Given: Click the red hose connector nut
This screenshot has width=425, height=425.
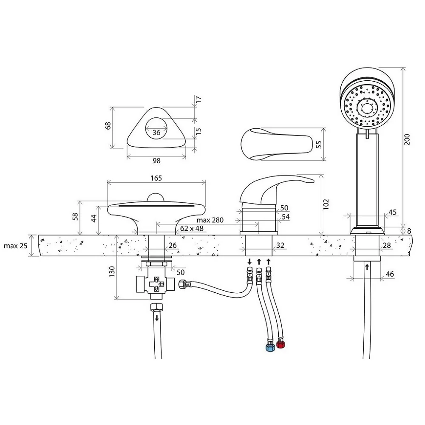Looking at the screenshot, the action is pos(281,345).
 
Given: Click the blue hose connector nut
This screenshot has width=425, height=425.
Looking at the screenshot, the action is pos(270,348).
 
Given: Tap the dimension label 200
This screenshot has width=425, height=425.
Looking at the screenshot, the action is pos(407,139).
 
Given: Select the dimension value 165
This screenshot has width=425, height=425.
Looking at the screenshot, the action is pos(156,178).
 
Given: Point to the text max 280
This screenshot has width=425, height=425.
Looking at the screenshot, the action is pos(210,220).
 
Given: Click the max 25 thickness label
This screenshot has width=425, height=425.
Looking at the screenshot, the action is pos(15,246).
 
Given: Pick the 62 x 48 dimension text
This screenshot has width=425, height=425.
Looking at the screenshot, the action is pos(192,229).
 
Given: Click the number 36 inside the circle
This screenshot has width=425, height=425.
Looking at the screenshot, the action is pos(156,133).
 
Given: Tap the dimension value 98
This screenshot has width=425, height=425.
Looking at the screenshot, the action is pos(156,161).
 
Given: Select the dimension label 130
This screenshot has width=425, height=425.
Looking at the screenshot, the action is pos(112,272).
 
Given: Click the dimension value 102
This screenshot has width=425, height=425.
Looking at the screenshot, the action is pos(326,204).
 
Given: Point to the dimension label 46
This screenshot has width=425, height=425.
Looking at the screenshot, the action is pos(390,274).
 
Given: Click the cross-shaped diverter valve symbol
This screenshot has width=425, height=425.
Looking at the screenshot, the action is pos(156,284).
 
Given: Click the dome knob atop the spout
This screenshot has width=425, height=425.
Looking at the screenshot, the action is pos(156,197).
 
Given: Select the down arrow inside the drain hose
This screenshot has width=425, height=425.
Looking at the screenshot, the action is pos(157,317).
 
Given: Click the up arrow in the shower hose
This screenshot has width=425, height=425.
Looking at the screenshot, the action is pos(367,267).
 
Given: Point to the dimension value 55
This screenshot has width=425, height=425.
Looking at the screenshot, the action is pos(319,144).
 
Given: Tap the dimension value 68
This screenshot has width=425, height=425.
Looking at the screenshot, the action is pos(108,125).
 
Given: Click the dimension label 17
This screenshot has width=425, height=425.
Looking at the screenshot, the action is pos(198,99).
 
